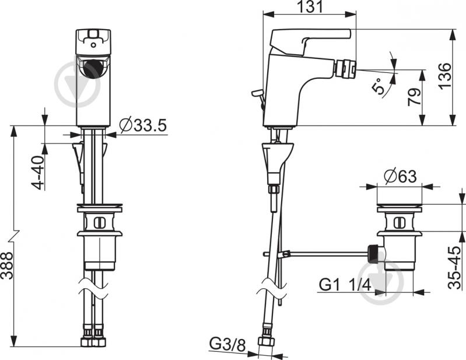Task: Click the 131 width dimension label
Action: (310, 6)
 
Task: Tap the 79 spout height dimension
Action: (414, 97)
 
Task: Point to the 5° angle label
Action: (379, 86)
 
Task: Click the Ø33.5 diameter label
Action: (143, 125)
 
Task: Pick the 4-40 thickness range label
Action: (38, 173)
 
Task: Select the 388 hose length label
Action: (7, 265)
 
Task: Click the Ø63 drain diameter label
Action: (400, 176)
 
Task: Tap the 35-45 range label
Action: (455, 268)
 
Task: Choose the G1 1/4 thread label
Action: (345, 285)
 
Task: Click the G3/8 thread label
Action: (228, 344)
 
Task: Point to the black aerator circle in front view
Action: (93, 69)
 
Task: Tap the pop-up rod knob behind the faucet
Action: (256, 93)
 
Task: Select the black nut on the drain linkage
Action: (373, 254)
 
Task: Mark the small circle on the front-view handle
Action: (94, 46)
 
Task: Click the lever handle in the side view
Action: (310, 41)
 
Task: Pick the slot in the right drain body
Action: (400, 223)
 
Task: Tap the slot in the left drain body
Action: (100, 223)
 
